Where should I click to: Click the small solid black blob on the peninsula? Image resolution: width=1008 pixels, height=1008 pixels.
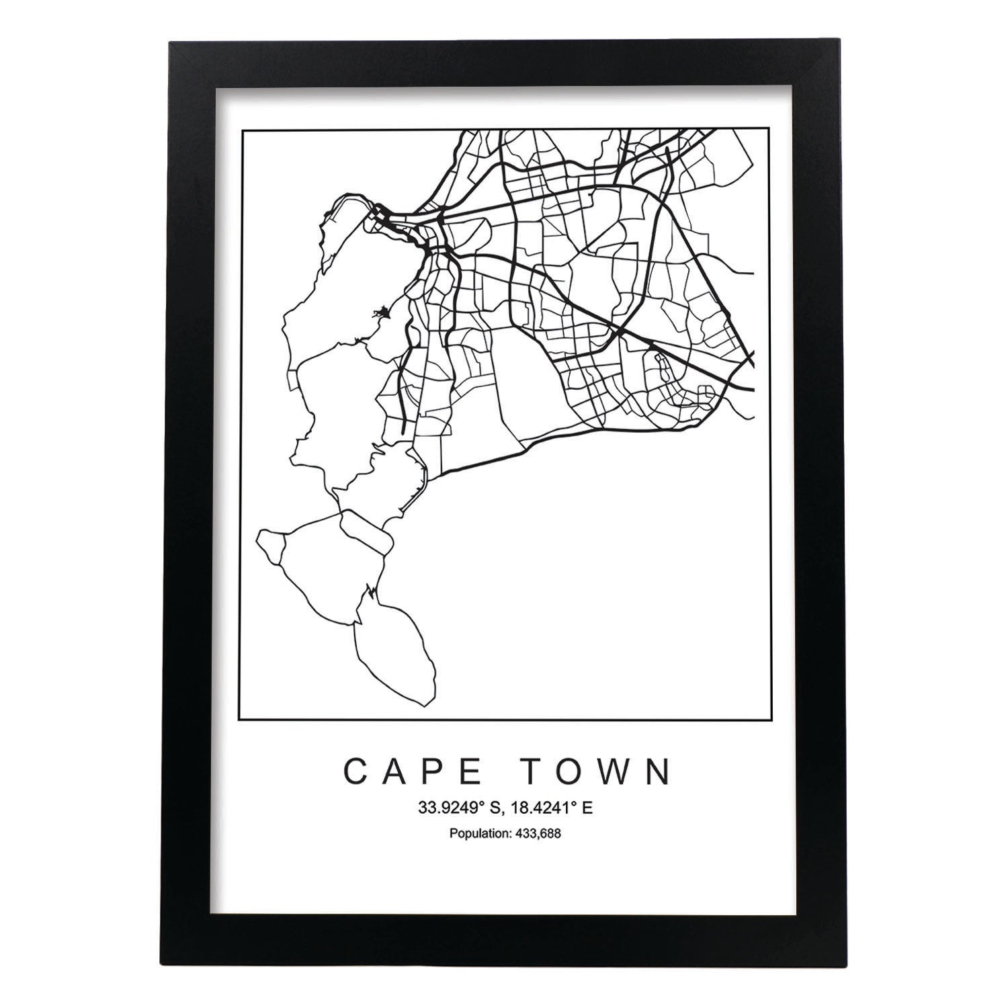click(x=382, y=312)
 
